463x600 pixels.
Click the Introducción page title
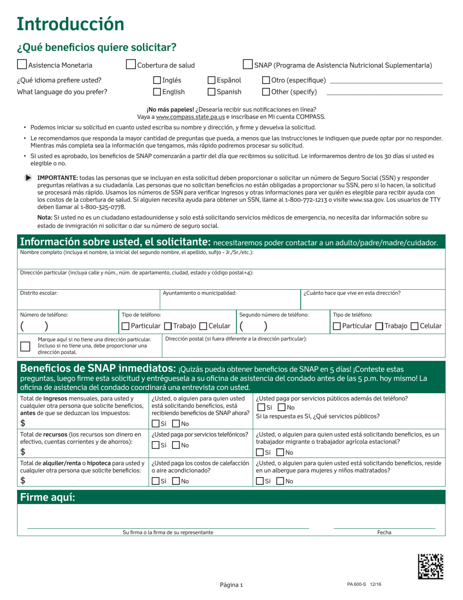pyautogui.click(x=70, y=24)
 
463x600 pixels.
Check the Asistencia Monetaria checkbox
pyautogui.click(x=22, y=64)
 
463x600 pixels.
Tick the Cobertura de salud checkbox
pyautogui.click(x=131, y=64)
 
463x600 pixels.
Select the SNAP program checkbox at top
pyautogui.click(x=248, y=64)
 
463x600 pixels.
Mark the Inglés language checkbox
pyautogui.click(x=157, y=80)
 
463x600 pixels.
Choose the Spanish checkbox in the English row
pyautogui.click(x=212, y=91)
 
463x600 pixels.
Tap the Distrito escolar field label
pyautogui.click(x=39, y=293)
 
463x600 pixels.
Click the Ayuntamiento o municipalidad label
pyautogui.click(x=199, y=293)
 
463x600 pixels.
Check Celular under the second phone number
pyautogui.click(x=415, y=326)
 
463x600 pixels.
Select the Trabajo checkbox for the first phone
pyautogui.click(x=168, y=326)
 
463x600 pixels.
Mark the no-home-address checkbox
pyautogui.click(x=25, y=346)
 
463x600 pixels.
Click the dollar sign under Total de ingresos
pyautogui.click(x=23, y=423)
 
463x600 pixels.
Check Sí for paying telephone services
pyautogui.click(x=155, y=445)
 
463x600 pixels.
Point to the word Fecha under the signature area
pyautogui.click(x=384, y=533)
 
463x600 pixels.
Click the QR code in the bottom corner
pyautogui.click(x=431, y=566)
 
